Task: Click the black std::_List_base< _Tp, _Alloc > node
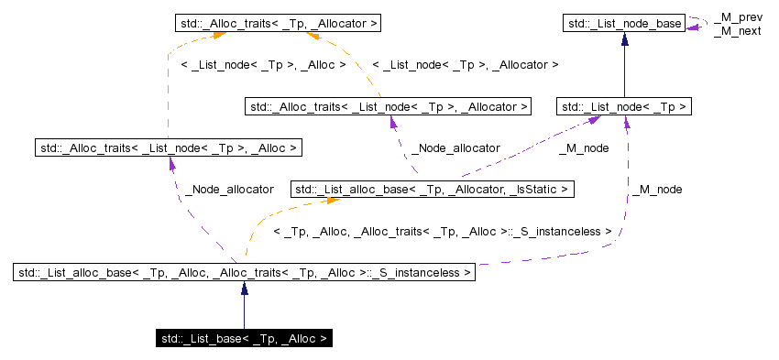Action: pyautogui.click(x=244, y=339)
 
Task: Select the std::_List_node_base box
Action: pyautogui.click(x=624, y=21)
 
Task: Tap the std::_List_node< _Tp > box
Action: pyautogui.click(x=624, y=107)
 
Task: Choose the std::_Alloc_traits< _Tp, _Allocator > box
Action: pyautogui.click(x=277, y=21)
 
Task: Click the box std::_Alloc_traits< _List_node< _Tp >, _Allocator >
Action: pyautogui.click(x=389, y=107)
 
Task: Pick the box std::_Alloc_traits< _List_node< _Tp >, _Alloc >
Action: pyautogui.click(x=168, y=147)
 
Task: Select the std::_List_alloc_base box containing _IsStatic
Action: pyautogui.click(x=433, y=190)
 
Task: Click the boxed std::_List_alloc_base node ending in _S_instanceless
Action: pyautogui.click(x=245, y=272)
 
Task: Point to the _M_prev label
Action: pyautogui.click(x=737, y=17)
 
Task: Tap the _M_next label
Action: pyautogui.click(x=737, y=30)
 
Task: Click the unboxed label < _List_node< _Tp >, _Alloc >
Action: pyautogui.click(x=264, y=65)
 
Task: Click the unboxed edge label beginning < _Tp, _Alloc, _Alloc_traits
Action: pyautogui.click(x=442, y=233)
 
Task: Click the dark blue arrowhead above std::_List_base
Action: pyautogui.click(x=245, y=289)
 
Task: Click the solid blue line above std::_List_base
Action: pyautogui.click(x=245, y=311)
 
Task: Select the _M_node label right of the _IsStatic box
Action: pyautogui.click(x=656, y=189)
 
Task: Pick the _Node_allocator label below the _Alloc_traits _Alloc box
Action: pyautogui.click(x=229, y=189)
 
